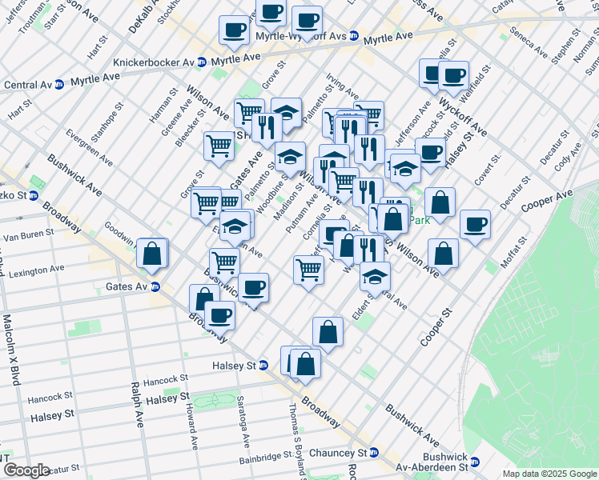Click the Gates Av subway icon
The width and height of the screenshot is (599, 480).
[x=155, y=286]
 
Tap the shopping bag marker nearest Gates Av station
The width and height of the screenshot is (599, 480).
[x=152, y=254]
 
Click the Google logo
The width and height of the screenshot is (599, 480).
[x=26, y=470]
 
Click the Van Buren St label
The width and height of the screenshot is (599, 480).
[x=28, y=235]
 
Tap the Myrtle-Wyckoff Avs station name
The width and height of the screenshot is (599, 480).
[x=301, y=36]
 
